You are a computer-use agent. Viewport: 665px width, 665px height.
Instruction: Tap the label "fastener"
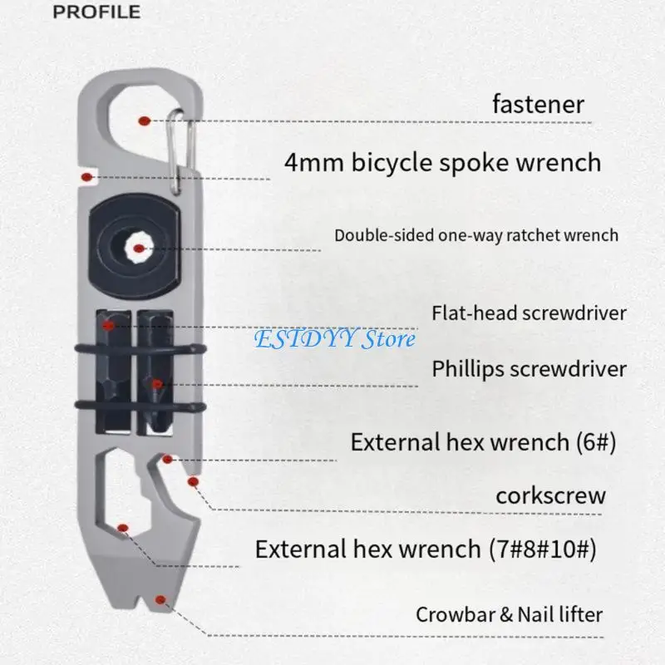point(537,105)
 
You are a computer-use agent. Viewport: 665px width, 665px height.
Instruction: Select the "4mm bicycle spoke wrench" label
point(442,161)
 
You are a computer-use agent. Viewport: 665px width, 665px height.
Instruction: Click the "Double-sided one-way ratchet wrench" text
point(476,235)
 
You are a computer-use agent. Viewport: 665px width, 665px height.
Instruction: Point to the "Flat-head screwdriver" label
point(529,313)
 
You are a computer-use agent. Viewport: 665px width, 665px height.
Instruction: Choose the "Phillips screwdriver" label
point(529,368)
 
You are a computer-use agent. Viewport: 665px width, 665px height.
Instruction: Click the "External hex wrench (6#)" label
point(483,441)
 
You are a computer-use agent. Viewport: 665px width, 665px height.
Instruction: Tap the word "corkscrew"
point(550,496)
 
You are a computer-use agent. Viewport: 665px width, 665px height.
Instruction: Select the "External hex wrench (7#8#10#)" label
point(424,549)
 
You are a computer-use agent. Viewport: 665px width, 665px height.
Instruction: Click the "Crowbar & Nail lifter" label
point(509,615)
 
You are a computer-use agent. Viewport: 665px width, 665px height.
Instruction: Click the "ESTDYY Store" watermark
point(333,339)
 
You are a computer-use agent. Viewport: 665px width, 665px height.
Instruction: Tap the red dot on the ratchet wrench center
point(139,247)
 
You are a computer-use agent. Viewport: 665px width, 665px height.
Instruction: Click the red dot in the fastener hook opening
point(145,121)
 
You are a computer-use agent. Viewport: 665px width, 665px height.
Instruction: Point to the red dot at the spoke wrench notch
point(86,176)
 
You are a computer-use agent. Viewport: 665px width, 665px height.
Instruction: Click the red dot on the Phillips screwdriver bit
point(156,384)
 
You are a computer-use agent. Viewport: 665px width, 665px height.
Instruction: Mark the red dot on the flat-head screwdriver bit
point(108,325)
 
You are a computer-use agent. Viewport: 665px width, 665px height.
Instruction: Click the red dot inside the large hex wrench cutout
point(123,528)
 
